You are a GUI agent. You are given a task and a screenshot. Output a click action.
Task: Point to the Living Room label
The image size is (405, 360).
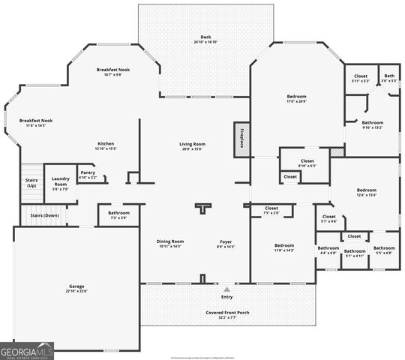(191, 146)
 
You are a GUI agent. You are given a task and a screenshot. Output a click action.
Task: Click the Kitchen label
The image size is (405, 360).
(106, 146)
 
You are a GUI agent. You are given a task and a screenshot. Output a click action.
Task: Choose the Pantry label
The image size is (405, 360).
(88, 175)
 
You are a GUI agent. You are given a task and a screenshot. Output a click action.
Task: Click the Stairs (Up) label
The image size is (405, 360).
(31, 182)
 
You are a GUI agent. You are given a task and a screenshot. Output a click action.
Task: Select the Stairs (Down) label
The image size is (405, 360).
(44, 215)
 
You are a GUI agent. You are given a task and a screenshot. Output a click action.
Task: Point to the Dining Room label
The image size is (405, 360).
(170, 243)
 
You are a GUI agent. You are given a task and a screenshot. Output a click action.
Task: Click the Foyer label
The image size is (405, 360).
(226, 243)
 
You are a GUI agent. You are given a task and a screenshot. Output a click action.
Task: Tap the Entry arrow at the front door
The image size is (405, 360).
(226, 289)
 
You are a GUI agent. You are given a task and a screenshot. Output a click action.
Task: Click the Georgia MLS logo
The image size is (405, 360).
(27, 351)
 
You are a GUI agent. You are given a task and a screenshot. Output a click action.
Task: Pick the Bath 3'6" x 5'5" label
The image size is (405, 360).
(389, 78)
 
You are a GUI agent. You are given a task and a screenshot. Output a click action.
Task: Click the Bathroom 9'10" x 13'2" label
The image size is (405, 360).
(373, 124)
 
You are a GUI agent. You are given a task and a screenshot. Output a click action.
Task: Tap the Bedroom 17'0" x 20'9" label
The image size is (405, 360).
(297, 98)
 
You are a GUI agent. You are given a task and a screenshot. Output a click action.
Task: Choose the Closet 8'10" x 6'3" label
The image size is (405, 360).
(307, 162)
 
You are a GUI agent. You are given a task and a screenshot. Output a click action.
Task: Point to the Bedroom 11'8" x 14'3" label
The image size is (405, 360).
(284, 247)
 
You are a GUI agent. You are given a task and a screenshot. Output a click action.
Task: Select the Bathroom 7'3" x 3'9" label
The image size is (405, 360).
(118, 215)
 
